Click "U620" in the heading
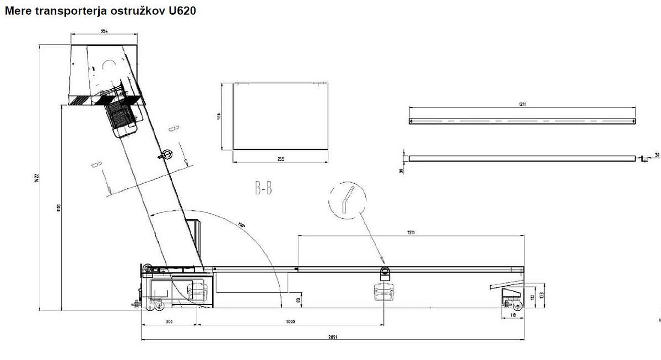[x=180, y=10]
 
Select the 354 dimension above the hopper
[x=104, y=31]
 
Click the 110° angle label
[x=241, y=225]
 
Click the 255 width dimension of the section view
[x=281, y=159]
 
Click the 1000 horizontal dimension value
[x=290, y=321]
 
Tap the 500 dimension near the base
[x=169, y=321]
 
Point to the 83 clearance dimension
[x=298, y=300]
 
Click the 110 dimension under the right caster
[x=512, y=315]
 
